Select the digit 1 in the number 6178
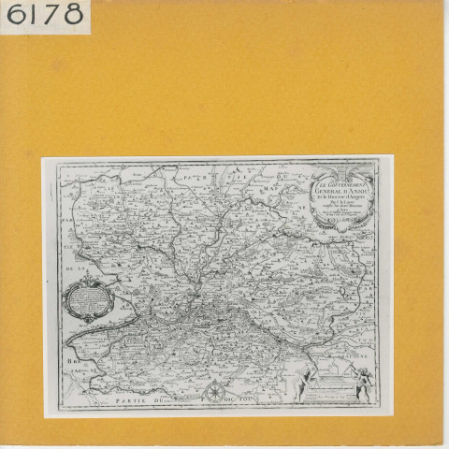34,16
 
